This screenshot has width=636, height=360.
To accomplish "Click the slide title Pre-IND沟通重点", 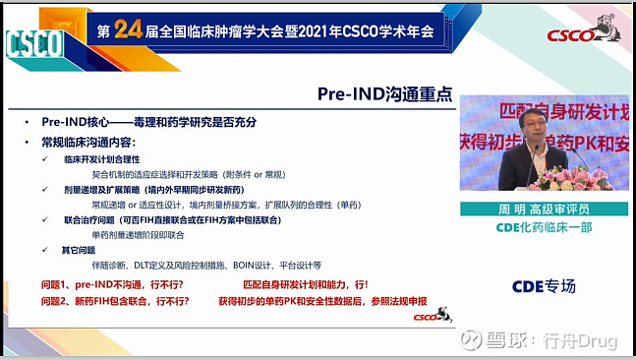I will coord(385,94).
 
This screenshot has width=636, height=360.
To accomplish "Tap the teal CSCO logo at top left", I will coord(34,42).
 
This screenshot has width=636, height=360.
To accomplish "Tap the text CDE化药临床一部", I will coord(543,228).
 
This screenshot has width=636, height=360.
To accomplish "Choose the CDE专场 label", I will coord(543,286).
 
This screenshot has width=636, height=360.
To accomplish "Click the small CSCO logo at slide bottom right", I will coord(427,317).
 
